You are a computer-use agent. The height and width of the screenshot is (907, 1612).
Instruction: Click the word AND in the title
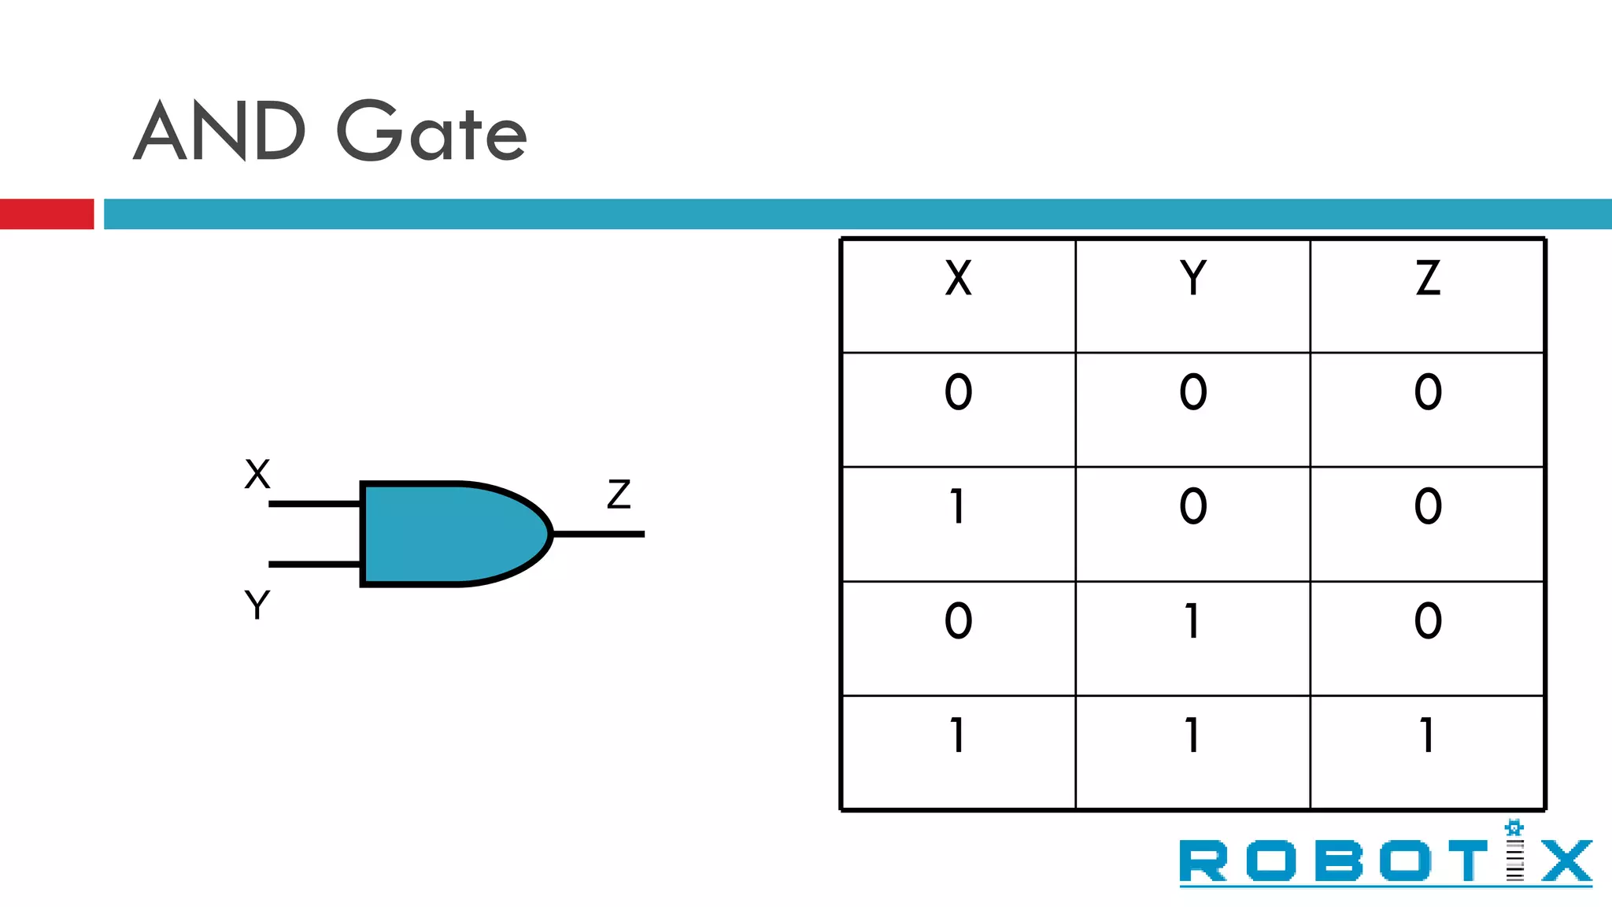[x=220, y=131]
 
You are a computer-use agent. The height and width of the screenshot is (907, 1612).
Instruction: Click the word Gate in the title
[x=431, y=131]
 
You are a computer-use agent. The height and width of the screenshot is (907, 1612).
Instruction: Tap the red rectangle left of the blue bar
[x=46, y=214]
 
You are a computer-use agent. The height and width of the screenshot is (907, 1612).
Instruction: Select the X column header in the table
[x=958, y=279]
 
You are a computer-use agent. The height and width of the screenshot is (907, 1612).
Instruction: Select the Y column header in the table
[x=1192, y=279]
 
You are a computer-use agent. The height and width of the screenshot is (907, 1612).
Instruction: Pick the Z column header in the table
[x=1427, y=279]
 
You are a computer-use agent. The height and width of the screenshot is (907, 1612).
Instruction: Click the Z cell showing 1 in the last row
[x=1427, y=736]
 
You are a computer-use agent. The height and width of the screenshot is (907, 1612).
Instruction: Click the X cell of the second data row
[x=958, y=507]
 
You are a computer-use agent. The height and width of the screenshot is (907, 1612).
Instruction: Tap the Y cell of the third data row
[x=1192, y=621]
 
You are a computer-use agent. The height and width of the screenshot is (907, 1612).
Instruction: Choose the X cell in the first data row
[x=958, y=392]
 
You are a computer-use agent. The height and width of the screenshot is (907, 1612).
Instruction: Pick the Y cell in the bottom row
[x=1192, y=736]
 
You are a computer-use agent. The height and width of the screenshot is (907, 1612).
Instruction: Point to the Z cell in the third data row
[x=1427, y=621]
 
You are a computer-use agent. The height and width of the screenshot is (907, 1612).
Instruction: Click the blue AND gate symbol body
[x=449, y=534]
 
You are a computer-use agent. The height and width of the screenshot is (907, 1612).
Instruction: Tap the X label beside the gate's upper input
[x=257, y=475]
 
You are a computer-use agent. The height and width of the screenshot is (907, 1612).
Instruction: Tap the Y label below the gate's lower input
[x=257, y=605]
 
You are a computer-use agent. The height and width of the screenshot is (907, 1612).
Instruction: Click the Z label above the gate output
[x=619, y=494]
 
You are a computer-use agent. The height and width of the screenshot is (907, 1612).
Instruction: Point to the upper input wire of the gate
[x=314, y=504]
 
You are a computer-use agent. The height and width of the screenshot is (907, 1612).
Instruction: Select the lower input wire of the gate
[x=314, y=564]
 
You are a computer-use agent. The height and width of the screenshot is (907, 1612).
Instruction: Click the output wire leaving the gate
[x=600, y=534]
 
